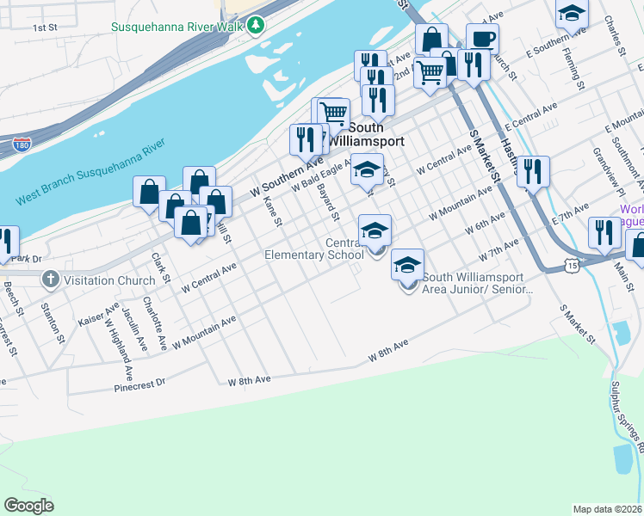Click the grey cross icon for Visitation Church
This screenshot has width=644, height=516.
[50, 279]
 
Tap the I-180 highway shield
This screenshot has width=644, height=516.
[23, 144]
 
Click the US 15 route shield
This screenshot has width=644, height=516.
[573, 268]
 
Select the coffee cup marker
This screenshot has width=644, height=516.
[482, 39]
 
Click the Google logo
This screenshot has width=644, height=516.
[28, 506]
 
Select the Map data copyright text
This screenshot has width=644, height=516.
[608, 509]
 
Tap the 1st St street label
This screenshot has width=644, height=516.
[45, 28]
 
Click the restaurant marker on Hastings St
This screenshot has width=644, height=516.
[534, 171]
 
